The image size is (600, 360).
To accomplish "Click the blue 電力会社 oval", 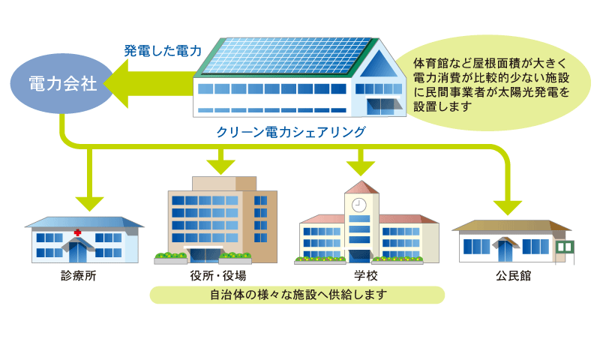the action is point(62,83).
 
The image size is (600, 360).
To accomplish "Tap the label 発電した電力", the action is point(163,51).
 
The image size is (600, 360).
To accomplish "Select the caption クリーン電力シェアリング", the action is point(291,132).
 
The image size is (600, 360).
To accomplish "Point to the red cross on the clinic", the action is point(78,232).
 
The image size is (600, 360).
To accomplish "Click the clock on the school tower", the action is point(359,205).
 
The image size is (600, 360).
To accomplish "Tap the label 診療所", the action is point(79,275).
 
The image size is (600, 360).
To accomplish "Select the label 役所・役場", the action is point(218,275).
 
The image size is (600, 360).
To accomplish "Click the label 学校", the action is point(366,275).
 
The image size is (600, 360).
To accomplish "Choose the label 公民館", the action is point(514,275).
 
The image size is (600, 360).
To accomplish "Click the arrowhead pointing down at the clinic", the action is point(89,203).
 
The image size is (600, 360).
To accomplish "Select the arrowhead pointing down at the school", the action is point(361,168).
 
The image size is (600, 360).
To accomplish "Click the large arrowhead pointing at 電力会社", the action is point(116,83).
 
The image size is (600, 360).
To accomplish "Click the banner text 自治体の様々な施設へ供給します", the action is point(298,295).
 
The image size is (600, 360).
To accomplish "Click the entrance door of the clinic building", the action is point(78,253).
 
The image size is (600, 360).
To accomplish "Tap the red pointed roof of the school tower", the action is point(361,187).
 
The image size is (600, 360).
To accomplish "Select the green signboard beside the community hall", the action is point(565,247).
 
